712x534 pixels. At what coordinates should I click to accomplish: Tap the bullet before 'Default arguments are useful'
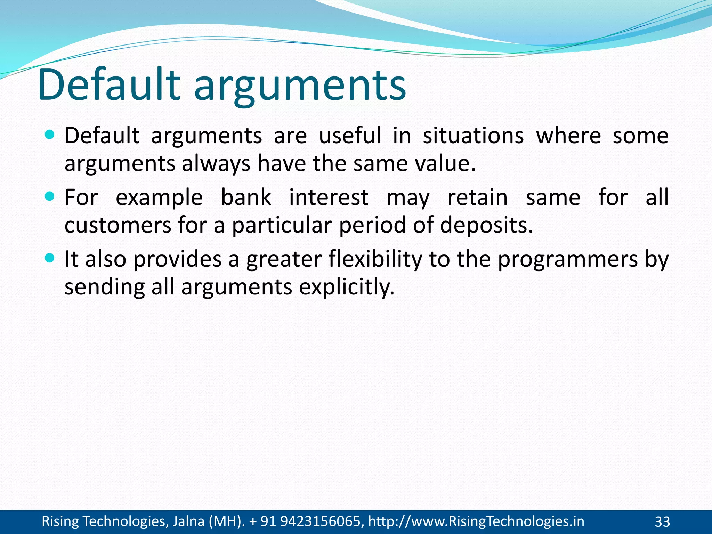pyautogui.click(x=50, y=135)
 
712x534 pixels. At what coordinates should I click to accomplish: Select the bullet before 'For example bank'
pyautogui.click(x=50, y=197)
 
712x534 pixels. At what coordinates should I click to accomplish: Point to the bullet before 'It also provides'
pyautogui.click(x=50, y=258)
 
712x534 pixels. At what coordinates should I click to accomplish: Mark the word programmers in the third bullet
pyautogui.click(x=568, y=260)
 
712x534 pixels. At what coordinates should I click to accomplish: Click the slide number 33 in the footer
pyautogui.click(x=662, y=522)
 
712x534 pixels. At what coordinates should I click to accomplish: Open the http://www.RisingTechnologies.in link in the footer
pyautogui.click(x=476, y=521)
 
